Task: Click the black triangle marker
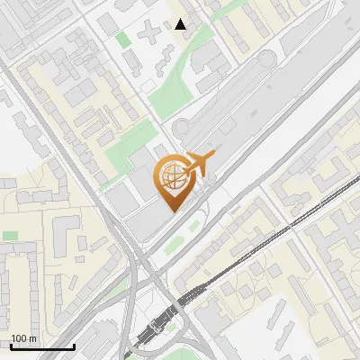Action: pos(181,24)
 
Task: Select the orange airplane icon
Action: pos(199,164)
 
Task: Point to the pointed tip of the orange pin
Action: pos(174,210)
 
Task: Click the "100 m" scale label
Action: pos(24,337)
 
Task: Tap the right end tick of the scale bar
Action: pos(74,345)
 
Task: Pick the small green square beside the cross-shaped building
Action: pos(122,40)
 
